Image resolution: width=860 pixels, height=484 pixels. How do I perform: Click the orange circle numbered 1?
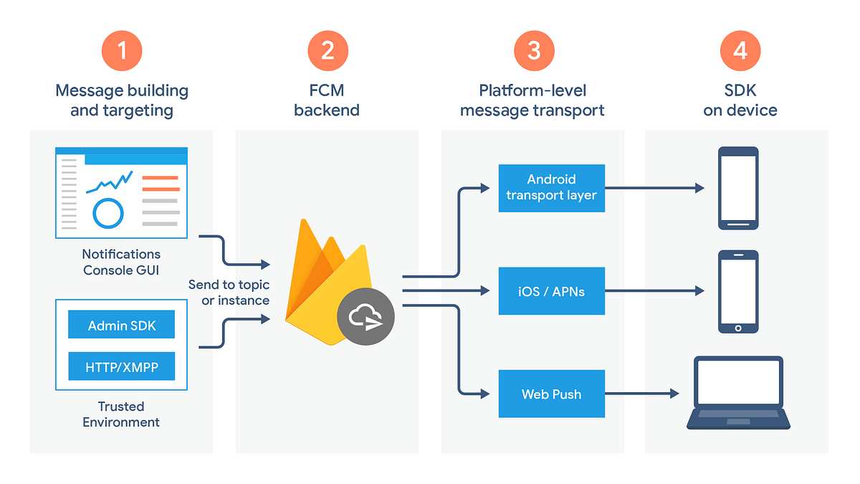tap(122, 51)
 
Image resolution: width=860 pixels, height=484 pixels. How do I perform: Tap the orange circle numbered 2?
tap(328, 51)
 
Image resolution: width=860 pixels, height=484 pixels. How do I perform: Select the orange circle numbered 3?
tap(533, 51)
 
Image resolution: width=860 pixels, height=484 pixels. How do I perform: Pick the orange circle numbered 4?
tap(740, 51)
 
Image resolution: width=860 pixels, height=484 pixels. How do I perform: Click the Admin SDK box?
tap(121, 326)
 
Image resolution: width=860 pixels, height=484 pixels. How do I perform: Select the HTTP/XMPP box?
tap(121, 367)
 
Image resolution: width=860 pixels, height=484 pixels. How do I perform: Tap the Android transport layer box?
tap(551, 188)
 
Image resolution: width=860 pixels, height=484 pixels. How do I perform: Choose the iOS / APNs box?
tap(551, 291)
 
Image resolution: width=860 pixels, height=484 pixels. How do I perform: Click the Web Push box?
tap(551, 394)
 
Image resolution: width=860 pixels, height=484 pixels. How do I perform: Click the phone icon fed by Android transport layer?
tap(738, 188)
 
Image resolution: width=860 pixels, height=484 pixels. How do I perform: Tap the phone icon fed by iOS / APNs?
tap(738, 291)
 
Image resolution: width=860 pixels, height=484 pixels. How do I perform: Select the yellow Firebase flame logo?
tap(322, 287)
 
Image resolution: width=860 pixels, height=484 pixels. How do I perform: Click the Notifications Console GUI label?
tap(121, 262)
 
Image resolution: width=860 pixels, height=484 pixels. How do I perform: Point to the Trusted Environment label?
tap(121, 414)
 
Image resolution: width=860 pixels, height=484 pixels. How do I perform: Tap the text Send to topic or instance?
tap(229, 293)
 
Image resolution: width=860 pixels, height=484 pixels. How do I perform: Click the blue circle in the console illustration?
tap(108, 212)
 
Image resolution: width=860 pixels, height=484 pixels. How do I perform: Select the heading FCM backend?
tap(327, 101)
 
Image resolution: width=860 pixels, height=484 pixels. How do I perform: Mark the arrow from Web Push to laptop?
tap(641, 394)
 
